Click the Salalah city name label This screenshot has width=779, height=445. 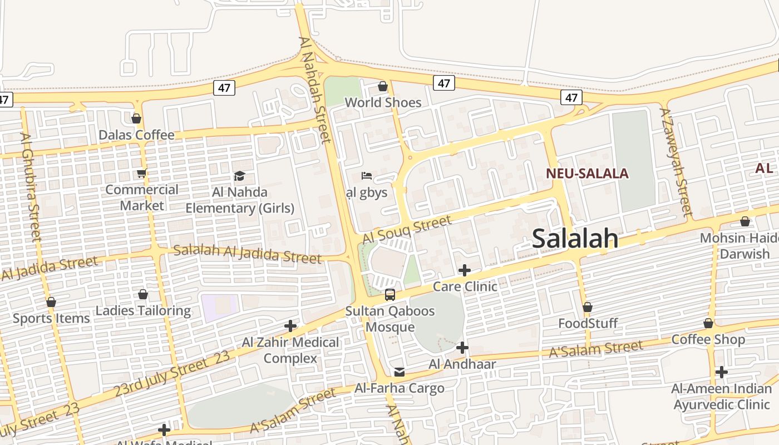point(575,238)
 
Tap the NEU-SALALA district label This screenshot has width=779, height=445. point(587,173)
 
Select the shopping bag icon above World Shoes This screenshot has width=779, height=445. point(383,86)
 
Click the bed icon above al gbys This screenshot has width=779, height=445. point(366,176)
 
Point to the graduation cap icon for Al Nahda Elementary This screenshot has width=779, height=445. point(239,176)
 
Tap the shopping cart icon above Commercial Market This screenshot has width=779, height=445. point(141,174)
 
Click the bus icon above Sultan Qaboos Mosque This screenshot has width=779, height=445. point(389,295)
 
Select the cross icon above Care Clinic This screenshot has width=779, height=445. point(464,270)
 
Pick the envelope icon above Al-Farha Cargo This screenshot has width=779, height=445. point(399,372)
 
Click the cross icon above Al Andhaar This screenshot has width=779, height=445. point(462,348)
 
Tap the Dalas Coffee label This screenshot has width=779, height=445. point(136,135)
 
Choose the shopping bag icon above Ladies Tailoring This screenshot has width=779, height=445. point(143,294)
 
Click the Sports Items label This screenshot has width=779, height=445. point(51,318)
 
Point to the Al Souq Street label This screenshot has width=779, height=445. point(407,229)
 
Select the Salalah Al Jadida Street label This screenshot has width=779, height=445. point(247,254)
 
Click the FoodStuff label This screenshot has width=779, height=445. point(588,323)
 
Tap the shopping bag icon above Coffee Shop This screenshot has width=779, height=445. point(708,323)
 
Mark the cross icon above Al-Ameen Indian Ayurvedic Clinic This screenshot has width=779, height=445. point(721,372)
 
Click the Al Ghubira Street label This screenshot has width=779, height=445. point(31,187)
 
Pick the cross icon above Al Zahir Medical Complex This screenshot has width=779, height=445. point(290,326)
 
